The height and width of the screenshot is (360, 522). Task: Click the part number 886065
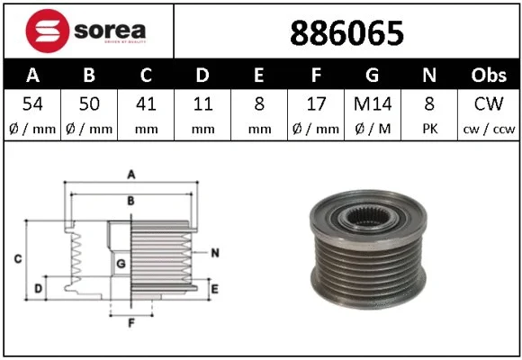pos(346,33)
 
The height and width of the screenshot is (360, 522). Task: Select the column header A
pos(32,76)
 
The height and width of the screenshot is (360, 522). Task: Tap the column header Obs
pos(489,76)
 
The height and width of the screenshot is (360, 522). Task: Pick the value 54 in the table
pos(32,104)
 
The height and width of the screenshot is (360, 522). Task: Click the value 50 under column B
pos(88,104)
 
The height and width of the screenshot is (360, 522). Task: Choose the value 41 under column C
pos(145,104)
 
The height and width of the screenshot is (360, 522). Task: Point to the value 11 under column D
pos(202,104)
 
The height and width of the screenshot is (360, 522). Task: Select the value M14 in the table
pos(373,104)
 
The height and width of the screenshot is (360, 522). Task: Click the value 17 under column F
pos(316,104)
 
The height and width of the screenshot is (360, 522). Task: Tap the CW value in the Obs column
pos(489,104)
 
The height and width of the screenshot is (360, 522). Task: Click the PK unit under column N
pos(430,128)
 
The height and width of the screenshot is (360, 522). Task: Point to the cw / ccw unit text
pos(489,128)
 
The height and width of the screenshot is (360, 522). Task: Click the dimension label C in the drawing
pos(18,259)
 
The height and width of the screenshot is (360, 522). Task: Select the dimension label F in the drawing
pos(130,321)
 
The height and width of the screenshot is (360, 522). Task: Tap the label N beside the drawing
pos(215,253)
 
